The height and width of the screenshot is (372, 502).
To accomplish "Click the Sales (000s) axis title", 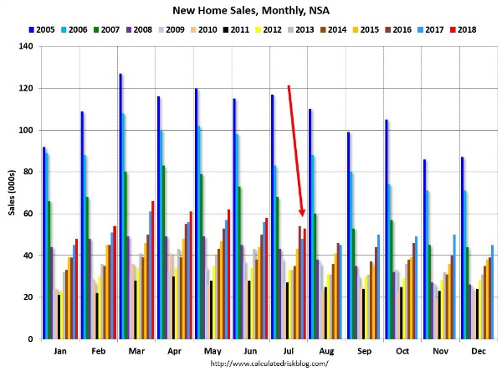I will tap(9, 193).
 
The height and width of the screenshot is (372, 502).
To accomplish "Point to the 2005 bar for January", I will tap(44, 243).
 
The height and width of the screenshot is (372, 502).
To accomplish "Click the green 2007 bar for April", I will tap(163, 251).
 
